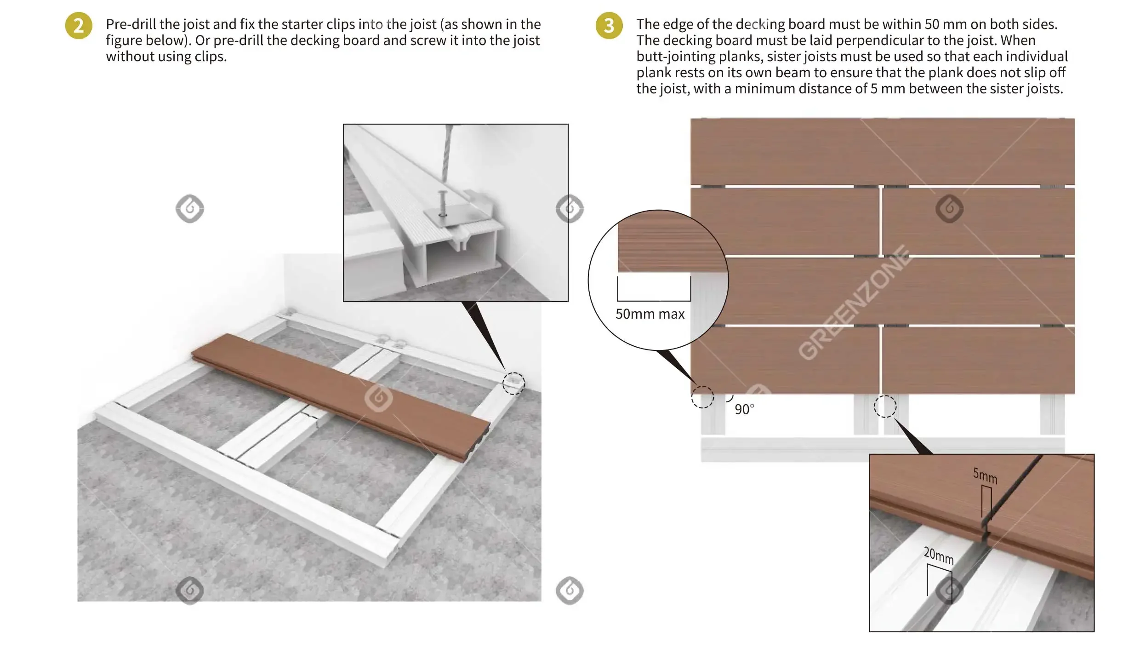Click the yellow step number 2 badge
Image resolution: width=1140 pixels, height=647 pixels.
coord(79,25)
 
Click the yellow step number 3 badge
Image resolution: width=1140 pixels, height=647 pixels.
coord(609,25)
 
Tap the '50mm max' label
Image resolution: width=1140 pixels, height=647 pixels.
coord(650,314)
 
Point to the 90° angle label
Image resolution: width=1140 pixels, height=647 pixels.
coord(744,409)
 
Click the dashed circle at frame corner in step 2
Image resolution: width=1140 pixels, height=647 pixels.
coord(513,383)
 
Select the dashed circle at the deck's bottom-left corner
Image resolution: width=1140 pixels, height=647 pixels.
coord(702,397)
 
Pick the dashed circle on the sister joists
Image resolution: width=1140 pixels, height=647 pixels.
coord(885,407)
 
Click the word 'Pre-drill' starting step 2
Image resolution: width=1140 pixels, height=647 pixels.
coord(131,24)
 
